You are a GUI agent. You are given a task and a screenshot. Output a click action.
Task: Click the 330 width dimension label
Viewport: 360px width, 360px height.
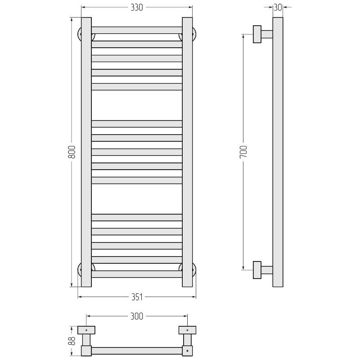[x=137, y=8]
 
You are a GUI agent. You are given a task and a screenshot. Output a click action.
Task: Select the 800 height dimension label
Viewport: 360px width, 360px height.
[x=72, y=152]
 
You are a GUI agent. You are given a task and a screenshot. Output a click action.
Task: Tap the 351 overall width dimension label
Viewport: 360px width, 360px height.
[x=137, y=297]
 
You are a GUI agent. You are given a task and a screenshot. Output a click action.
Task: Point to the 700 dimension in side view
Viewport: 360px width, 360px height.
[x=243, y=152]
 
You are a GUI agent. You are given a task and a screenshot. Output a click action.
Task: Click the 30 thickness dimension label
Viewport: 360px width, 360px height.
[x=278, y=8]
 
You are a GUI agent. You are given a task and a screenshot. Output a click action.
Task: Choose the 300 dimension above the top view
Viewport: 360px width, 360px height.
[x=137, y=316]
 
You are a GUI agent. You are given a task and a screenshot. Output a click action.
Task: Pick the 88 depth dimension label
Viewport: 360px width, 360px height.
[x=72, y=341]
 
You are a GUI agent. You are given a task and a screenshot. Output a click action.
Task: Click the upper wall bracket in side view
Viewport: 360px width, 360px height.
[x=263, y=34]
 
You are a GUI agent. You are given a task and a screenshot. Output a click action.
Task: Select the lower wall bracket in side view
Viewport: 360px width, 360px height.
[x=263, y=270]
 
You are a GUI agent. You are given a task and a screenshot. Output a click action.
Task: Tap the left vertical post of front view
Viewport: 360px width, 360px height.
[x=86, y=152]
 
